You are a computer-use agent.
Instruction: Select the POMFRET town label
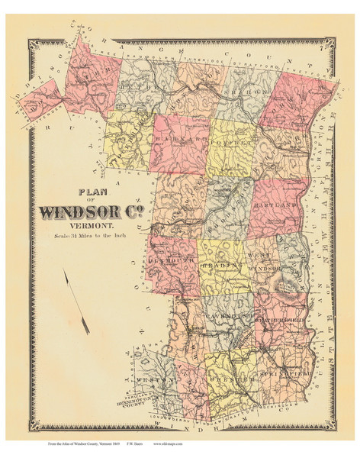[x=229, y=142]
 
